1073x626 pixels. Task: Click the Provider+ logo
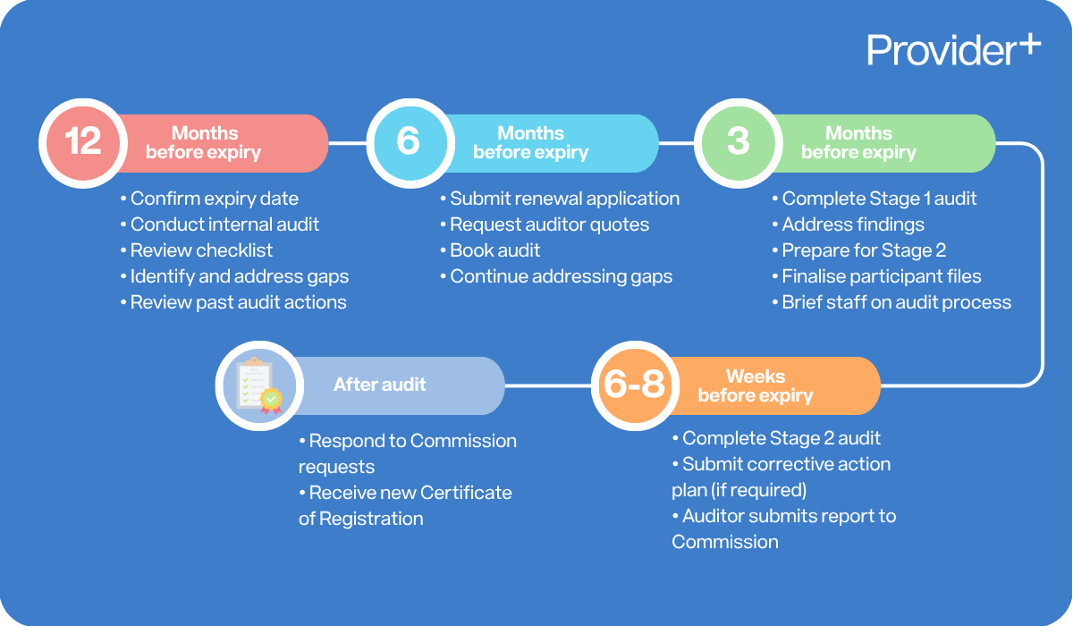point(953,50)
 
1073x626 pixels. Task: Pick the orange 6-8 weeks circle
point(634,385)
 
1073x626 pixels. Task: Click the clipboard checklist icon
point(256,385)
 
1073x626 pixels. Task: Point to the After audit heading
point(380,385)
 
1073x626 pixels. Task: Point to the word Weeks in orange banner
point(756,376)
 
